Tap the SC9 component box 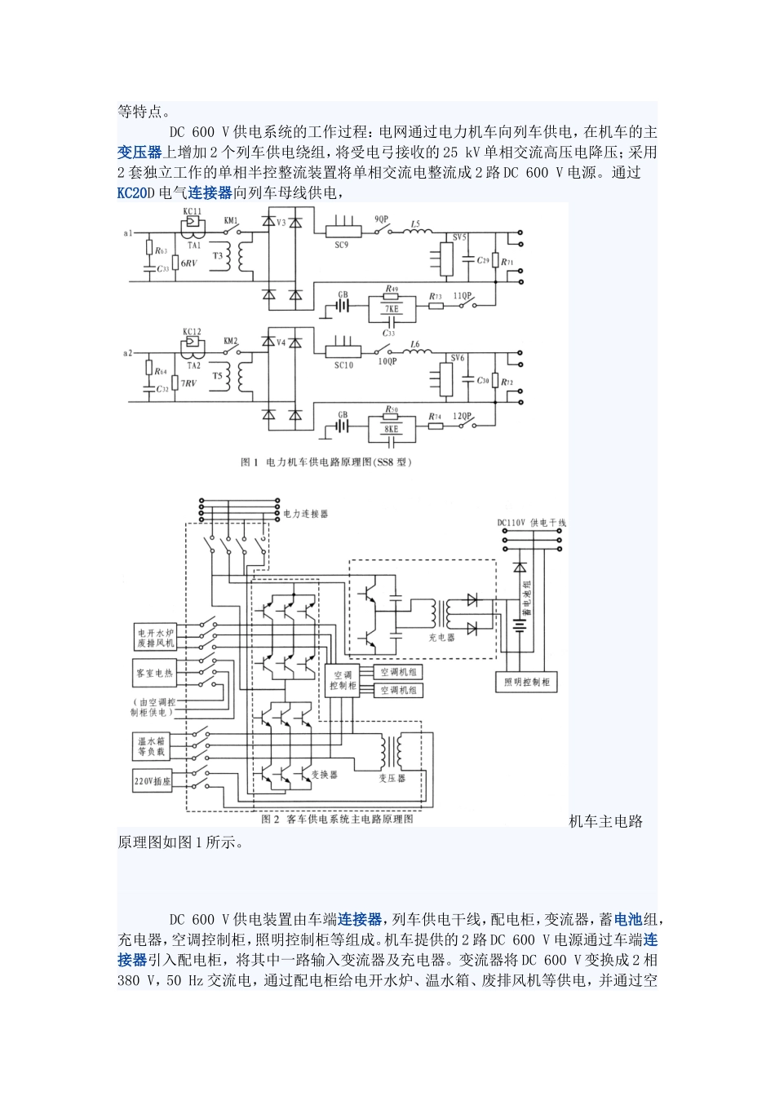[x=343, y=232]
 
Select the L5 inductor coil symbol [x=417, y=232]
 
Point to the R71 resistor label [x=507, y=263]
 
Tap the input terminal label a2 [x=128, y=353]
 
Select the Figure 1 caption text [x=326, y=462]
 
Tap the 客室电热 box [x=155, y=674]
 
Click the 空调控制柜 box [x=343, y=680]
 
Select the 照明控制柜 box [x=526, y=682]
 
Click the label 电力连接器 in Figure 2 [x=306, y=515]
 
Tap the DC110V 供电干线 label [x=531, y=523]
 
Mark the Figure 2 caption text [x=337, y=819]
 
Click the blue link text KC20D [x=132, y=193]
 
